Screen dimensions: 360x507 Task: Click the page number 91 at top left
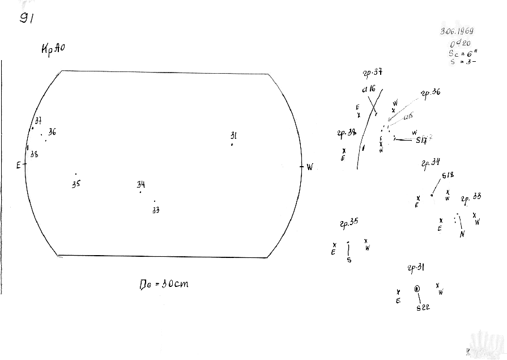coord(27,18)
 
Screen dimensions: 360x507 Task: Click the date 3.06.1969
coord(457,32)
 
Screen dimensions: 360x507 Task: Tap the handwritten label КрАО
coord(53,49)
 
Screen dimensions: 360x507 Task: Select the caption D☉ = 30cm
coord(164,283)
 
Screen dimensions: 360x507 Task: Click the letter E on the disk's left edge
coord(18,165)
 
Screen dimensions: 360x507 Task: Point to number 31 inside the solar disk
coord(233,135)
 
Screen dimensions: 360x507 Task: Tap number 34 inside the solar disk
coord(140,184)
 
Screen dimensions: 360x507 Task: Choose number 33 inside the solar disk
coord(156,210)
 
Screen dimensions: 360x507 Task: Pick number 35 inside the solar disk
coord(76,184)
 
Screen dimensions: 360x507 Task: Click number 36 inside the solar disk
coord(52,132)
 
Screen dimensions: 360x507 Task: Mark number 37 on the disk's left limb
coord(38,120)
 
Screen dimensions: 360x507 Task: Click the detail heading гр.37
coord(372,73)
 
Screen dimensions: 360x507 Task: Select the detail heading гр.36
coord(431,92)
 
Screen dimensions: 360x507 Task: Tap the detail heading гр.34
coord(431,164)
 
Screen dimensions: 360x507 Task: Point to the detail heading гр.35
coord(349,222)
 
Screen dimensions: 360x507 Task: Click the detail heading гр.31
coord(416,268)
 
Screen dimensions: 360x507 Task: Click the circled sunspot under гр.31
coord(418,289)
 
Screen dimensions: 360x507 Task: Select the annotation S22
coord(423,308)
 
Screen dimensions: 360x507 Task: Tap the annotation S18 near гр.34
coord(448,175)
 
